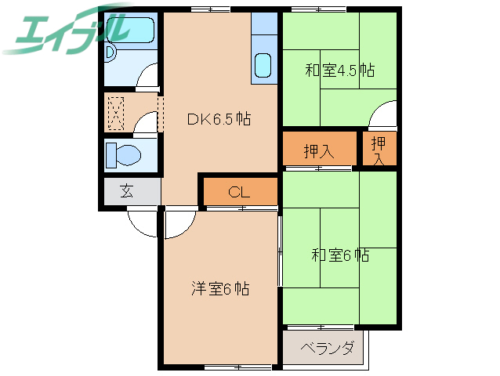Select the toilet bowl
(x=125, y=154)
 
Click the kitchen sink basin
(x=263, y=64)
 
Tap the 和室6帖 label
(x=340, y=255)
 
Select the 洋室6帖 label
(x=219, y=289)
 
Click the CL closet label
(x=240, y=192)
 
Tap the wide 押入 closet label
(x=319, y=151)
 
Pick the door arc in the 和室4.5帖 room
(x=384, y=115)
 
